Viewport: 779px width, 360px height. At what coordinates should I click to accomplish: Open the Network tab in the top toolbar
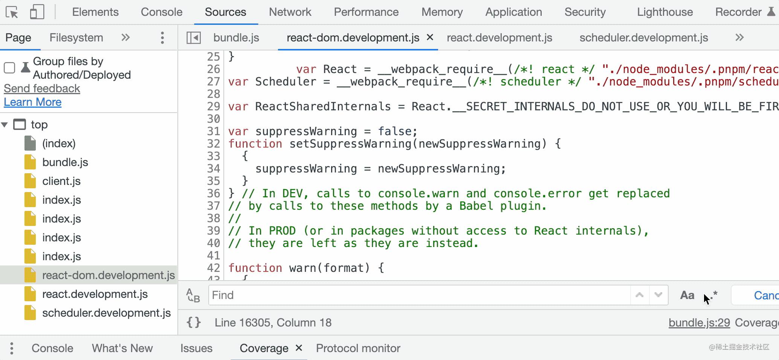290,12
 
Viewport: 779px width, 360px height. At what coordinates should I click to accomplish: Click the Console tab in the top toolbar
161,12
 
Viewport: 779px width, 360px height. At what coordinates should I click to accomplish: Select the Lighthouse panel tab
664,12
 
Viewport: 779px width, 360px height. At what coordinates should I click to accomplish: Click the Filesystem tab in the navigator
76,38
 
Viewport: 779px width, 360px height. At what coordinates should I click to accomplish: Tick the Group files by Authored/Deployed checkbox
9,68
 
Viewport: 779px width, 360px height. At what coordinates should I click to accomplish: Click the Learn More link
32,102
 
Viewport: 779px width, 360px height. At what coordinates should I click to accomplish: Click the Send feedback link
42,88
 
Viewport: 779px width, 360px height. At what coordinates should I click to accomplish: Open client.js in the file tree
61,181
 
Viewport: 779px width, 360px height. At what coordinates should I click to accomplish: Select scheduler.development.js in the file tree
106,313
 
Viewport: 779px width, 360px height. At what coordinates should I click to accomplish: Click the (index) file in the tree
59,143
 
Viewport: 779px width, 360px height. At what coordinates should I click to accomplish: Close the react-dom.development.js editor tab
430,37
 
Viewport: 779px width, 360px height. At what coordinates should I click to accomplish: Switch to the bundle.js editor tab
236,38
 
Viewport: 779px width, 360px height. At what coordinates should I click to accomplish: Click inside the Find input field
418,295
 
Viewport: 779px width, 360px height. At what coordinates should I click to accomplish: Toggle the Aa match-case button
687,295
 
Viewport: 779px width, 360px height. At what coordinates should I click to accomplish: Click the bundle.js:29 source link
699,323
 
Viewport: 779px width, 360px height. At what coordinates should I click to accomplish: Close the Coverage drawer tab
299,348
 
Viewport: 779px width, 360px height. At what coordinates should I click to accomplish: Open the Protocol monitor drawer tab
358,348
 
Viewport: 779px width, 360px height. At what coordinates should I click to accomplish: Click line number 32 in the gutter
213,144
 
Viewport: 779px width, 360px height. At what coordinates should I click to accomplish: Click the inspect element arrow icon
12,12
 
